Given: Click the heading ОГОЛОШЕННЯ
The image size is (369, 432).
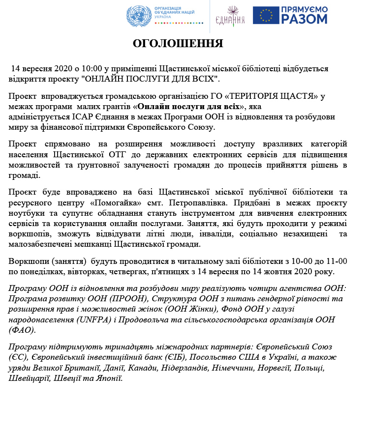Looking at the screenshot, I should coord(178,44).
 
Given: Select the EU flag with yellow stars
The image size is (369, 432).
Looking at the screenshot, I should coord(266,15).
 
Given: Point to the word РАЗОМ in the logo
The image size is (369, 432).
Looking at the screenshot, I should coord(305,19).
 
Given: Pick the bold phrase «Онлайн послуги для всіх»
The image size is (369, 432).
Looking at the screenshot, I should coord(189,106).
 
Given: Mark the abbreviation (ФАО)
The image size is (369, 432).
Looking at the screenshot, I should coord(22,330).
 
